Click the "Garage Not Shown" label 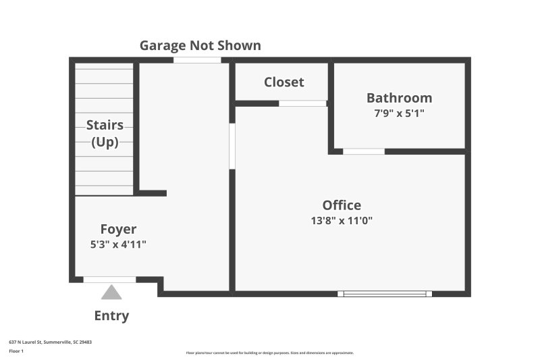200,45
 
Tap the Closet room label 283,82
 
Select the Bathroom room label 399,97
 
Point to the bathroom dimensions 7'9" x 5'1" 399,113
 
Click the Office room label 342,205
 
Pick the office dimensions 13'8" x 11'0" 342,220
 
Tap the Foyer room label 118,229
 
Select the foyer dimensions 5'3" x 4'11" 118,244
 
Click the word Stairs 105,125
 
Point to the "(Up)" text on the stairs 105,142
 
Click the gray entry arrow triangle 111,292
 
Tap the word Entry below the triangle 111,315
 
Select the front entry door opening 109,280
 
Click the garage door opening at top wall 197,60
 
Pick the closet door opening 302,103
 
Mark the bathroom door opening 363,151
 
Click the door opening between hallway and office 232,146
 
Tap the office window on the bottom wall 385,294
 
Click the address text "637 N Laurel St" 34,342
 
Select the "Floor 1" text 16,351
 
